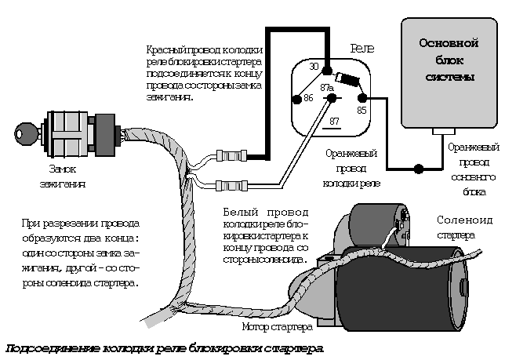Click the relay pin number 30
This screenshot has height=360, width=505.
point(314,67)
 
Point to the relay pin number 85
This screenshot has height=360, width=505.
point(361,110)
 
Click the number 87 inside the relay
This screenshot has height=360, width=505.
point(334,121)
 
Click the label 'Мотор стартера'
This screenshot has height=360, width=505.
point(277,325)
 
